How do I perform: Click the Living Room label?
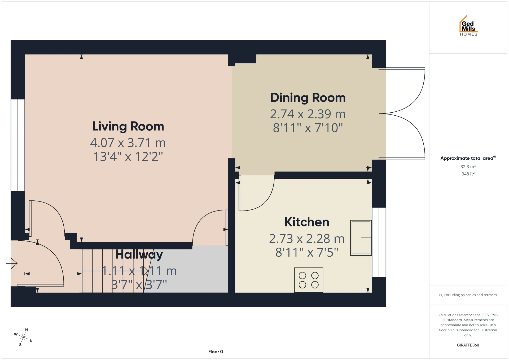point(128,126)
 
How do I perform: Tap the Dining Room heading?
point(308,98)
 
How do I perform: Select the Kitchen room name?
point(307,222)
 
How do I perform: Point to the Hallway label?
point(139,255)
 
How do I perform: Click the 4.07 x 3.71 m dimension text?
point(128,143)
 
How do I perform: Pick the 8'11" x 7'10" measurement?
point(308,128)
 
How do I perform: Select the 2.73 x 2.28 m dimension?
point(307,239)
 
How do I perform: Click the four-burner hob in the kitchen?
point(309,280)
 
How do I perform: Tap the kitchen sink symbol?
point(361,238)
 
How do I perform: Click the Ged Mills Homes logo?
point(468,26)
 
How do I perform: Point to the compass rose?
point(23,337)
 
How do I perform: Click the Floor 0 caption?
point(216,352)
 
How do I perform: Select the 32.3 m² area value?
point(468,166)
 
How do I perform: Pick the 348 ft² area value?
point(468,174)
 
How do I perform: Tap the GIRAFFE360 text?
point(468,345)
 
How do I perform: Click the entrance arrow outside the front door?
point(12,263)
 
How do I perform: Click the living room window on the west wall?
point(18,145)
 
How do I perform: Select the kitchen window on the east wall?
point(379,242)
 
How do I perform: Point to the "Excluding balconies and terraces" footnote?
point(468,295)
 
